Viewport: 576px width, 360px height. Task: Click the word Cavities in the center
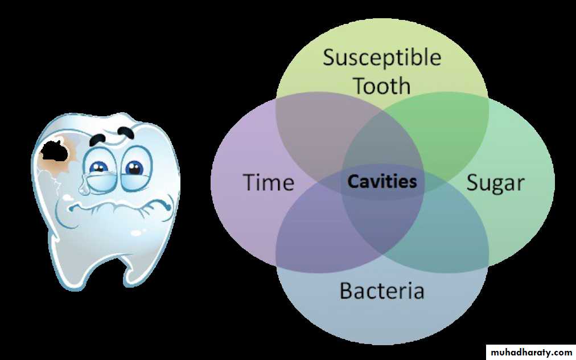click(x=382, y=182)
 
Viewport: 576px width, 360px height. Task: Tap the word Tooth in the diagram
click(x=382, y=85)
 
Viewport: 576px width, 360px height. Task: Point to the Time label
click(x=269, y=182)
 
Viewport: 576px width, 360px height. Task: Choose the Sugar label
click(x=496, y=183)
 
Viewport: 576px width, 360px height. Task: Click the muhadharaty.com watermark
click(x=531, y=353)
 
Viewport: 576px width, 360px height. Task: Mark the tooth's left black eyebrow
click(x=98, y=139)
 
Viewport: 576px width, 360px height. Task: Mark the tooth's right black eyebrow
click(x=126, y=132)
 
